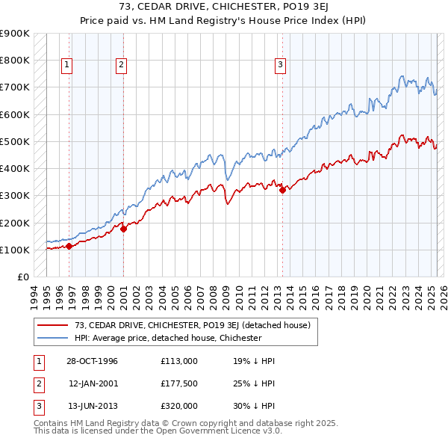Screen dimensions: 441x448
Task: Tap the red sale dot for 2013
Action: click(282, 190)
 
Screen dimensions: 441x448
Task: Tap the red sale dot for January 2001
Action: click(124, 229)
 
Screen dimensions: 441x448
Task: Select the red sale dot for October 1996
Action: click(69, 246)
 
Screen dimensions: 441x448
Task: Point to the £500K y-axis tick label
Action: click(15, 141)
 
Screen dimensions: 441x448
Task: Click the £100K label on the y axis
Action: click(15, 250)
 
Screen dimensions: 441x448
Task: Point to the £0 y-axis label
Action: click(22, 277)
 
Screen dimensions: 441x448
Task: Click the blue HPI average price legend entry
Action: click(167, 338)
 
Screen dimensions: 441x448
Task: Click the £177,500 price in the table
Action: click(179, 383)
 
